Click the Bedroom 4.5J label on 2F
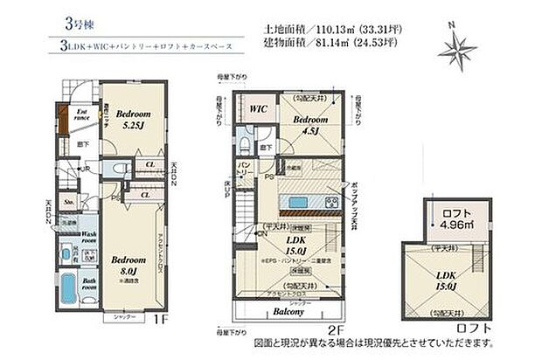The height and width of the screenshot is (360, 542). [310, 126]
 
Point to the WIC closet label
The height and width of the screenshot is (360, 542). [258, 109]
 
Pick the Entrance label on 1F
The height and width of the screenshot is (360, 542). [80, 116]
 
